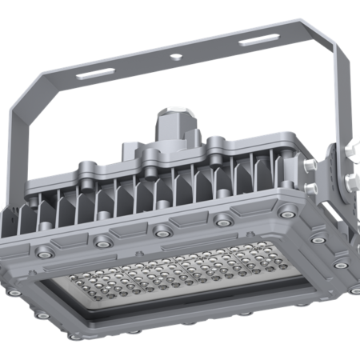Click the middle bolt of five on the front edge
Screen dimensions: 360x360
pos(162,231)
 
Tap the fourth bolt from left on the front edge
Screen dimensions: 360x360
pos(220,222)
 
